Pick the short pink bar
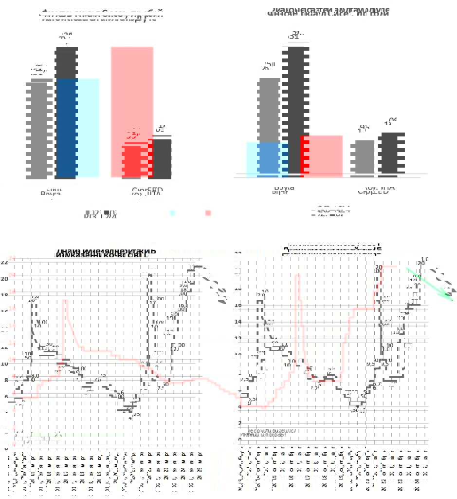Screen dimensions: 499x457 [322, 156]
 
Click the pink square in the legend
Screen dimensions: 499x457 [208, 213]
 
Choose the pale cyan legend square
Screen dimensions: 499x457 [172, 213]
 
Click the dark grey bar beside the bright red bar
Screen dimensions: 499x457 [162, 158]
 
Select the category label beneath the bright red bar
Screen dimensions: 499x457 [147, 191]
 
